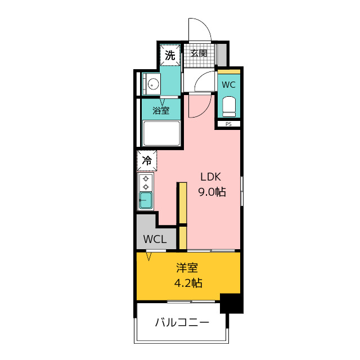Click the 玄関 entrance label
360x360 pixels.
point(198,54)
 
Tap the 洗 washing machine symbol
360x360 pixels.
point(170,55)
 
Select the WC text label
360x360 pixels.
point(228,85)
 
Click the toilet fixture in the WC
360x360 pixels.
point(228,105)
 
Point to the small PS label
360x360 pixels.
point(228,124)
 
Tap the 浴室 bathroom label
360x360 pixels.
point(161,110)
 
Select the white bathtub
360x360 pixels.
point(161,134)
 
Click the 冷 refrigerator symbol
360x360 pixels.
point(147,160)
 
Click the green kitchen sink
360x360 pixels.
point(146,201)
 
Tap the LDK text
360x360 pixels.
point(211,175)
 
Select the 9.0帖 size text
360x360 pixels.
point(211,192)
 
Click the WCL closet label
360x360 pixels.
point(155,238)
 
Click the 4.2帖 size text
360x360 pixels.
point(188,283)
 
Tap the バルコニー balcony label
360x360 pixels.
point(182,323)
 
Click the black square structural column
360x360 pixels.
point(231,304)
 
